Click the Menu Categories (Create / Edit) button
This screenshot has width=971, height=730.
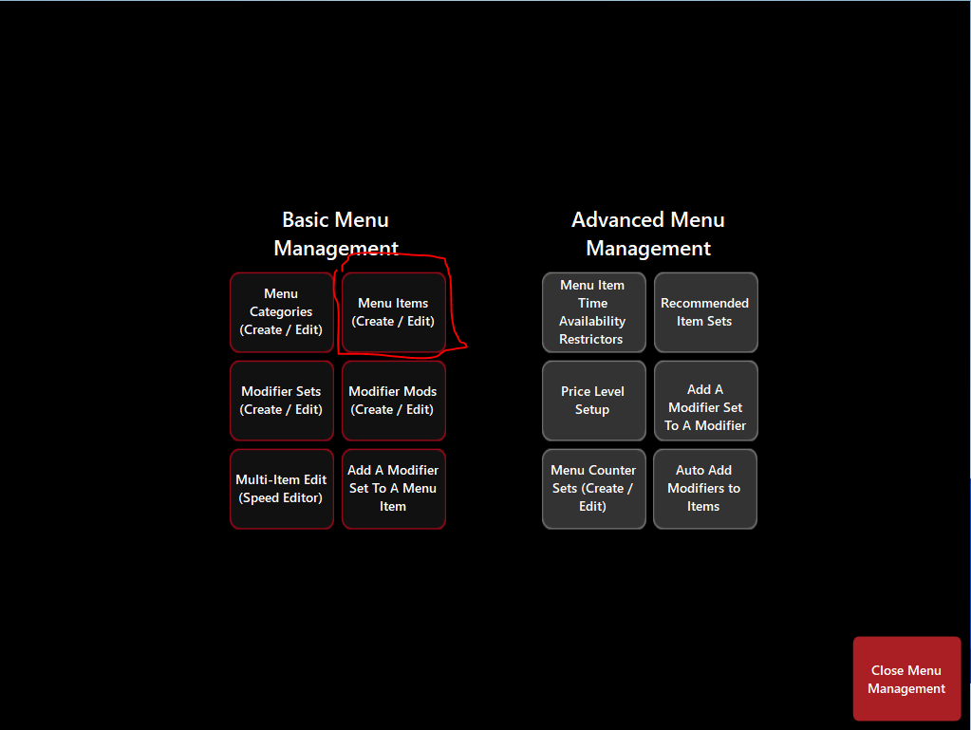coord(282,312)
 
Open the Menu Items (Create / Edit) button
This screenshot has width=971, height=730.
coord(393,312)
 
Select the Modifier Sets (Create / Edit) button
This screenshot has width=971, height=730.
coord(282,401)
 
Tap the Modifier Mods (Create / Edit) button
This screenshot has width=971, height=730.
coord(393,401)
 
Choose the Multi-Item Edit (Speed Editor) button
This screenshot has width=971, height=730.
coord(282,489)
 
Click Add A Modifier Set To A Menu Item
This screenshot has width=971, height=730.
coord(393,489)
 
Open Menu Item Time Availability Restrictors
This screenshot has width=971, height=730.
coord(593,312)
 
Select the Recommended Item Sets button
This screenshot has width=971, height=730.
coord(705,312)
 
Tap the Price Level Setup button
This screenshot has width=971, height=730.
coord(593,401)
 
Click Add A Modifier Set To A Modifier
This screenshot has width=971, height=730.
coord(705,407)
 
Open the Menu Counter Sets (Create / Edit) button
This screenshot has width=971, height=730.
coord(593,489)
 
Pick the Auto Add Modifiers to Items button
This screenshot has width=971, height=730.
coord(704,489)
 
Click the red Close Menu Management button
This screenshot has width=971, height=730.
coord(906,680)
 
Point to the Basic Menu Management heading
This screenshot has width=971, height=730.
coord(336,234)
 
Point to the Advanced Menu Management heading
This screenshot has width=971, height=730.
coord(648,234)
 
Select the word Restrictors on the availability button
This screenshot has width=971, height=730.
coord(591,339)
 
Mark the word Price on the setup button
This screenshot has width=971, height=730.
coord(576,391)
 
